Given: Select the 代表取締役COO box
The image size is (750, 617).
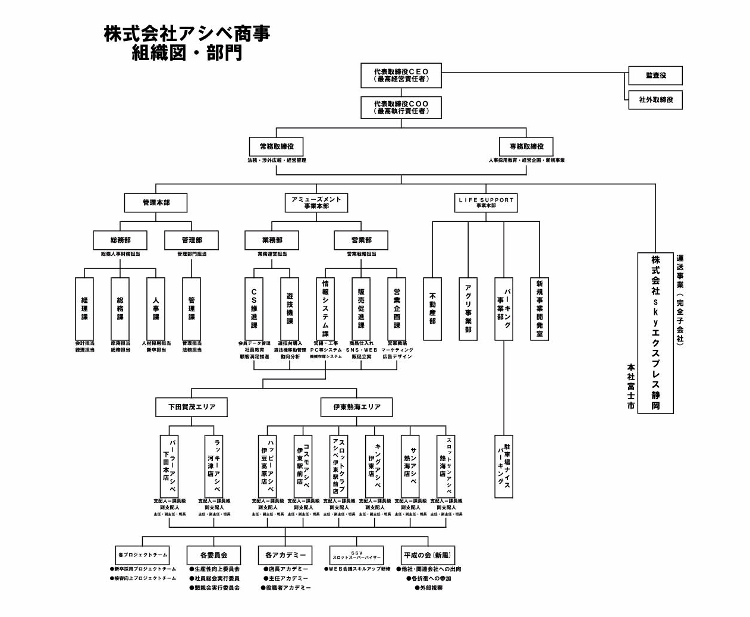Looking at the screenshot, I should point(401,107).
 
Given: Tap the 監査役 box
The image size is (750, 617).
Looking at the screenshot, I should point(655,76).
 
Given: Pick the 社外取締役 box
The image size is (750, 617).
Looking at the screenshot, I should point(655,100).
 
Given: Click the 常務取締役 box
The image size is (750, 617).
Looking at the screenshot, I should point(277,146).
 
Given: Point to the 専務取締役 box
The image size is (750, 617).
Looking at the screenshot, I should point(526,146).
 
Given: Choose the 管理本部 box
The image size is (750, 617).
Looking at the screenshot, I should point(156,203).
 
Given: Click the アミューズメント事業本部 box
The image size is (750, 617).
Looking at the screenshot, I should point(316,202).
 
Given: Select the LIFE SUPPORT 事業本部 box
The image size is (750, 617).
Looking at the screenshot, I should point(485,202).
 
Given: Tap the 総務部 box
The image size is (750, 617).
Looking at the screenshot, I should point(120,240).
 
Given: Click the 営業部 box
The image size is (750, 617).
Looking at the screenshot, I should point(361,240).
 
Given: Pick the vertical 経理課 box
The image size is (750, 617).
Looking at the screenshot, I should point(84,308).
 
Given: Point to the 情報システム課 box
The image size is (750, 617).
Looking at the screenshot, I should point(325,308).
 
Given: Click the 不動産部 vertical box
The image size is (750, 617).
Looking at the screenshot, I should point(432,308).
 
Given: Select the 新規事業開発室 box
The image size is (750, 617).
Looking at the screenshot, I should point(539,308).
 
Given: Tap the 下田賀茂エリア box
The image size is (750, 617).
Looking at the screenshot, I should point(192,407).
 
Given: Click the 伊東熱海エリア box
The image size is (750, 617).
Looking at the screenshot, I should point(357,407).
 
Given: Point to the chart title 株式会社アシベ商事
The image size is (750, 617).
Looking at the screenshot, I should point(187,34).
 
